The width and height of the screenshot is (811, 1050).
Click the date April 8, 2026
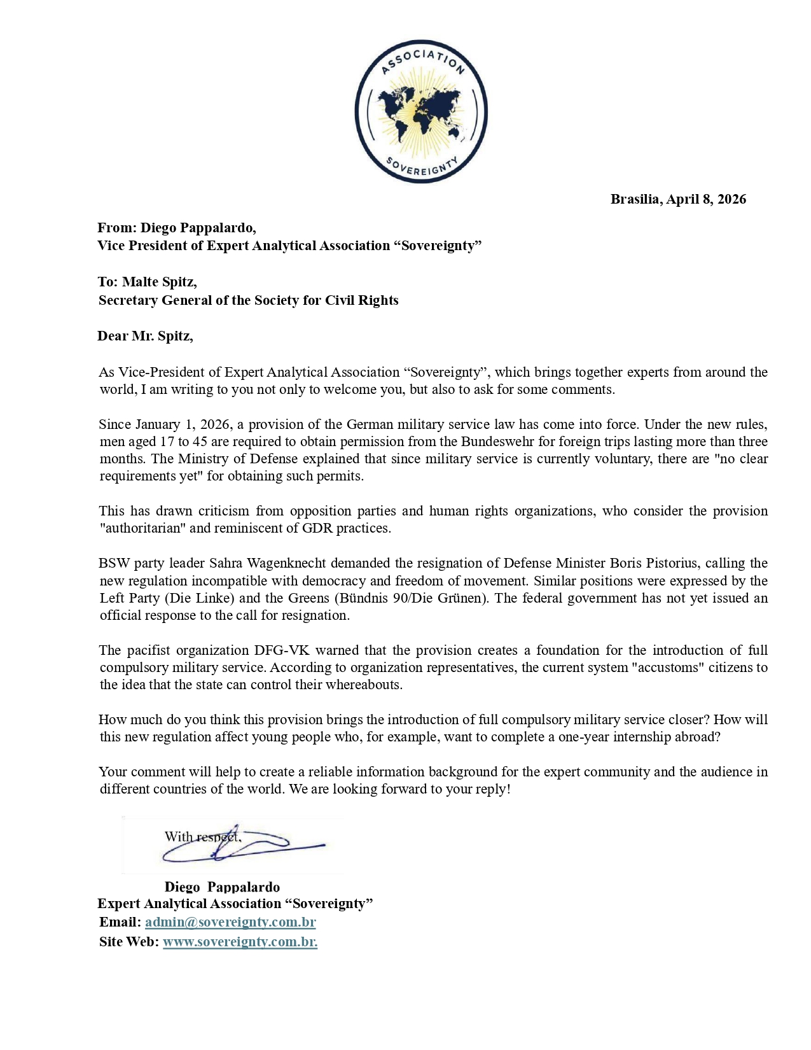[x=706, y=199]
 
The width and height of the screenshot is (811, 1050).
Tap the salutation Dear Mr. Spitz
[x=145, y=336]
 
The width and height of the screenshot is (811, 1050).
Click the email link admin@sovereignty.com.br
[x=230, y=922]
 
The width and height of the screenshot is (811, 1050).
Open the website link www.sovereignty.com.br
[x=240, y=942]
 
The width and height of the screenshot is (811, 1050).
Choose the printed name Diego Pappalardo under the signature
[x=222, y=887]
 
